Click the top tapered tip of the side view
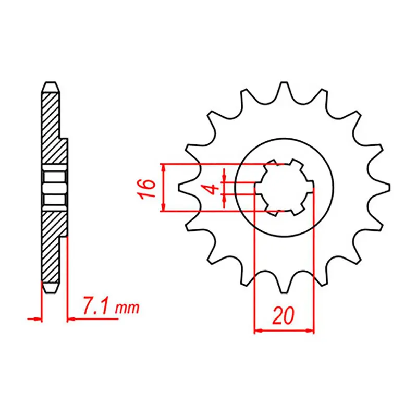coord(51,84)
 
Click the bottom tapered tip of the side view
coord(51,289)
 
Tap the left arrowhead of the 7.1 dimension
coord(36,317)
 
